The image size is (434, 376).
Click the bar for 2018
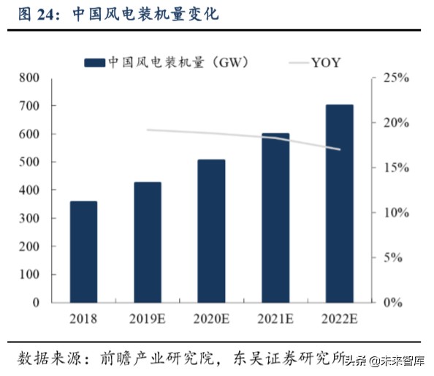tap(83, 251)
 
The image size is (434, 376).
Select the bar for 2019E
tap(147, 241)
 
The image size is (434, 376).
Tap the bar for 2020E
tap(211, 230)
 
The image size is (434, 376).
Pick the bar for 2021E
tap(275, 217)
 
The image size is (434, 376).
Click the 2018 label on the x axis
tap(83, 319)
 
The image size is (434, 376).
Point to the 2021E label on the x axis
tap(275, 319)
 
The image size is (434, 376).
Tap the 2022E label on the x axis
tap(339, 319)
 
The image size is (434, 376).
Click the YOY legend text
tap(326, 61)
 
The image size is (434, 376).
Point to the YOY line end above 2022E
tap(340, 149)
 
